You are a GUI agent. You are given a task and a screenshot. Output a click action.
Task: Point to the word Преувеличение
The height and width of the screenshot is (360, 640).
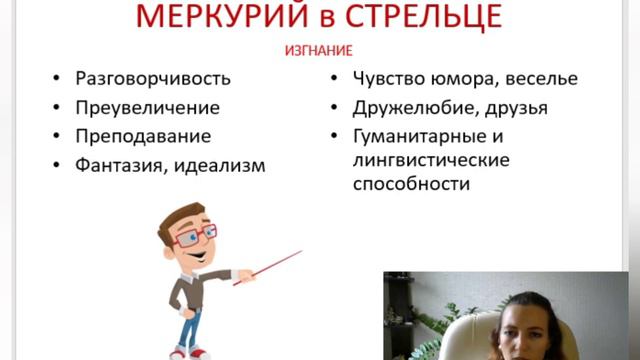click(148, 107)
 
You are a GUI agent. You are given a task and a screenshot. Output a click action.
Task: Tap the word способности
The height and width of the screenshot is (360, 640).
click(411, 185)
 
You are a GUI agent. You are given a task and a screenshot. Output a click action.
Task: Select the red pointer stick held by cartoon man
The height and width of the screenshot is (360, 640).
click(266, 267)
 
